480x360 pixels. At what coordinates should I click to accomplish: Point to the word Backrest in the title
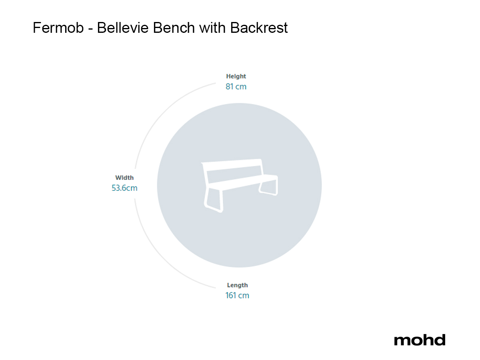pyautogui.click(x=259, y=28)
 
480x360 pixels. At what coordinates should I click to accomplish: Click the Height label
pyautogui.click(x=236, y=76)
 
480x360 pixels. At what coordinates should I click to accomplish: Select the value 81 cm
pyautogui.click(x=236, y=86)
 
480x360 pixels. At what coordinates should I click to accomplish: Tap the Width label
pyautogui.click(x=124, y=178)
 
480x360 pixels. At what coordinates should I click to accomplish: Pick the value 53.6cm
pyautogui.click(x=124, y=188)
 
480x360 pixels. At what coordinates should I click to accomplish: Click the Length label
pyautogui.click(x=237, y=285)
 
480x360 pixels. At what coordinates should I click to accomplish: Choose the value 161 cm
pyautogui.click(x=237, y=296)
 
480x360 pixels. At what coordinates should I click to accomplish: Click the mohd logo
pyautogui.click(x=419, y=340)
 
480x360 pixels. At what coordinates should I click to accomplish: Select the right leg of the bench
pyautogui.click(x=268, y=190)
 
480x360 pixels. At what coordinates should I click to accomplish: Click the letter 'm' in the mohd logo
pyautogui.click(x=401, y=340)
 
